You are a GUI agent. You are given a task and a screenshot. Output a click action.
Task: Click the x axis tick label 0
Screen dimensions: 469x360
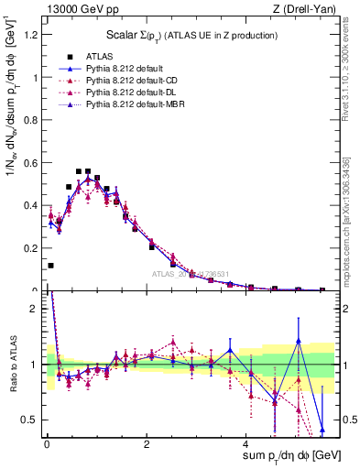click(46, 444)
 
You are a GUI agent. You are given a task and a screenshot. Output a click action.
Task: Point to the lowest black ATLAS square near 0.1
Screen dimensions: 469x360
click(50, 266)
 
